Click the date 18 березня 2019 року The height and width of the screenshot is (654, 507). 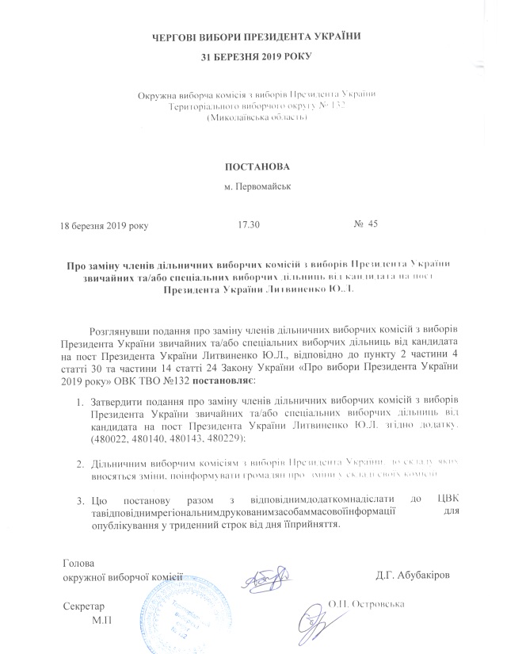(105, 225)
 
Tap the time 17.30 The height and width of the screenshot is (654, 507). (249, 225)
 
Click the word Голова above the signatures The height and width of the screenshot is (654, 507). (78, 564)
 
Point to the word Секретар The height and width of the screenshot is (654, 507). (83, 605)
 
